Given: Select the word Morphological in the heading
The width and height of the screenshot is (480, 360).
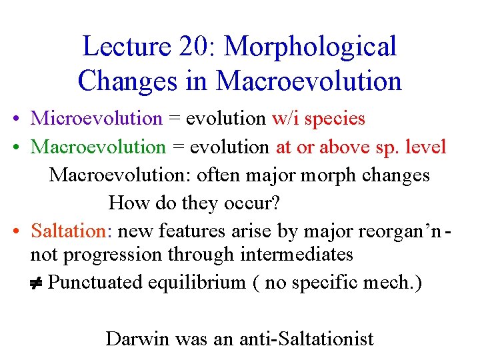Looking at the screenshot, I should [x=310, y=47].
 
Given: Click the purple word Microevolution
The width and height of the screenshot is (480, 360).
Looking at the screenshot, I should [x=97, y=119].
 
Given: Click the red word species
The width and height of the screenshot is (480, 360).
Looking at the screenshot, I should [x=337, y=119].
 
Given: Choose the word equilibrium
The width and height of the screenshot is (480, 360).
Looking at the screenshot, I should [x=198, y=283].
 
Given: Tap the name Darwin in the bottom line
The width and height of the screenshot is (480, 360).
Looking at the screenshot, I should [x=138, y=339].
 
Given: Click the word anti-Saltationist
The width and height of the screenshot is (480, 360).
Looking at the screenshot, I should [x=307, y=339].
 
